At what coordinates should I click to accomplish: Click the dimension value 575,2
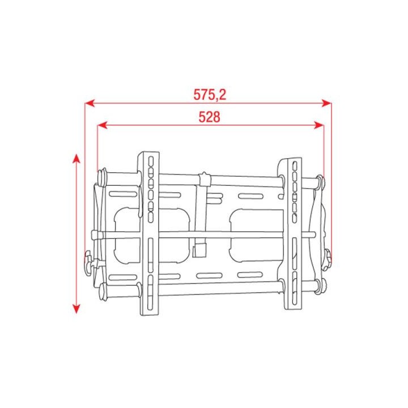209,95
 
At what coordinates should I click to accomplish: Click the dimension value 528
209,117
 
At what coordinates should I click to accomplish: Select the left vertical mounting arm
150,232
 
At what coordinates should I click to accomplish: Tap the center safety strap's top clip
205,180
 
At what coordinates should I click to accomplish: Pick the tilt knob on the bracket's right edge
328,258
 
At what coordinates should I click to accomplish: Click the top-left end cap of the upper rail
102,177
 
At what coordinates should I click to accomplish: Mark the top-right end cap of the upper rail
320,182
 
